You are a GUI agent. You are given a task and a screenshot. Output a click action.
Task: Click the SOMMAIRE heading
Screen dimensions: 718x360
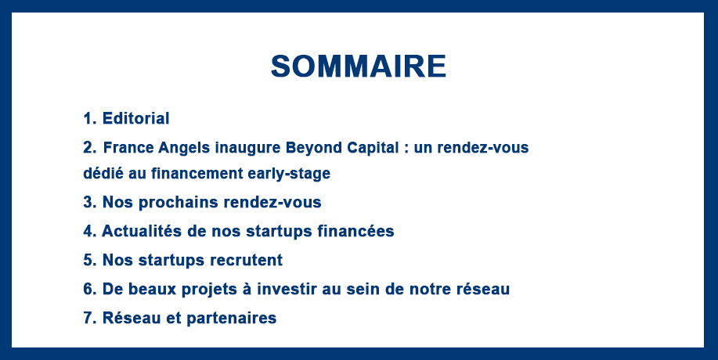(x=359, y=67)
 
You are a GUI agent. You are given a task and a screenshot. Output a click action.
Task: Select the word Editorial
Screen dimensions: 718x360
(x=136, y=118)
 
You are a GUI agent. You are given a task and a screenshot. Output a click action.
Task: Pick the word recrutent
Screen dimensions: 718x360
(x=247, y=261)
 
